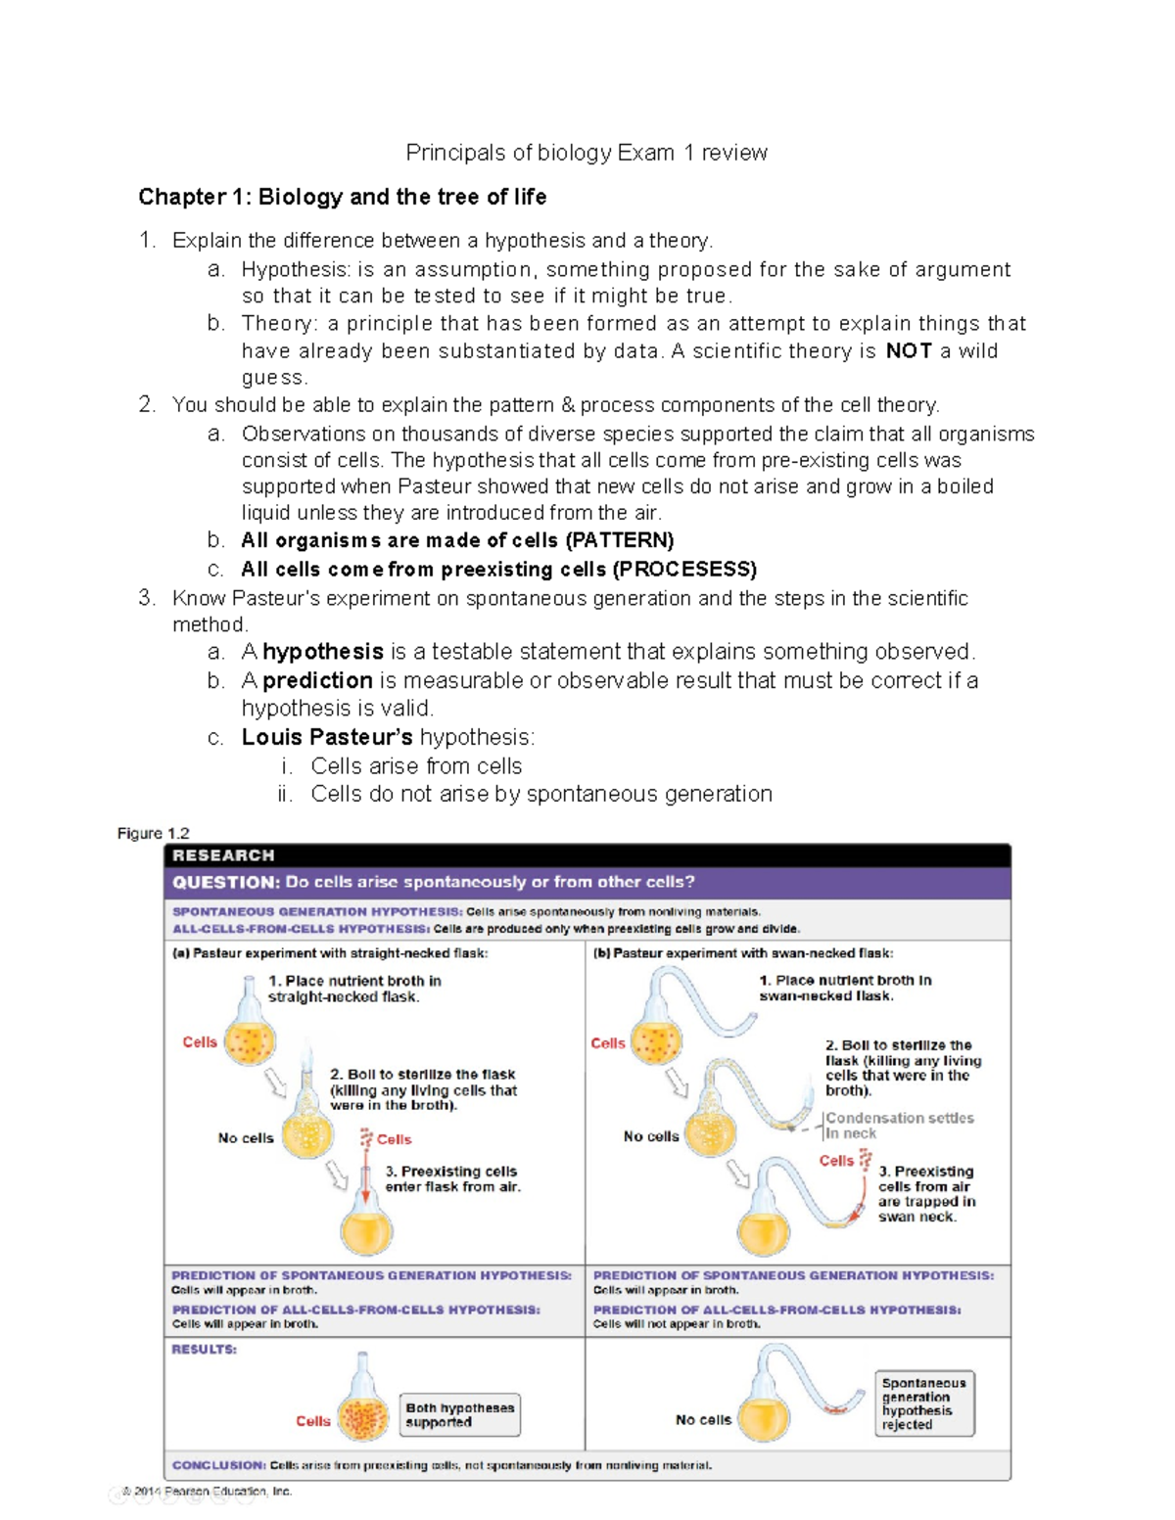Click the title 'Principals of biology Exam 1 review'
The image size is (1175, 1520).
(x=587, y=153)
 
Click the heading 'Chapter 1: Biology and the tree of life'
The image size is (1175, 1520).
(x=342, y=197)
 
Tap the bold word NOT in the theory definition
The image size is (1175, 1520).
(x=909, y=351)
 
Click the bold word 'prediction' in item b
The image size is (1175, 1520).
(x=317, y=680)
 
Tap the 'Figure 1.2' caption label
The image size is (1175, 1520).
(x=153, y=833)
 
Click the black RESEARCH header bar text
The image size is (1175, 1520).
(x=223, y=855)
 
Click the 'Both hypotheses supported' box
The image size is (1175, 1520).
(x=459, y=1415)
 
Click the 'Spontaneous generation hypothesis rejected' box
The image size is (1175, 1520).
(x=923, y=1404)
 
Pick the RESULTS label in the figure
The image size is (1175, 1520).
(x=204, y=1349)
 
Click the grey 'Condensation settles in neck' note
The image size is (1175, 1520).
(x=898, y=1126)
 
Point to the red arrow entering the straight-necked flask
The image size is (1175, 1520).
(x=365, y=1179)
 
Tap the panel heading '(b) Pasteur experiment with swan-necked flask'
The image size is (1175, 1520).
(x=743, y=953)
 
